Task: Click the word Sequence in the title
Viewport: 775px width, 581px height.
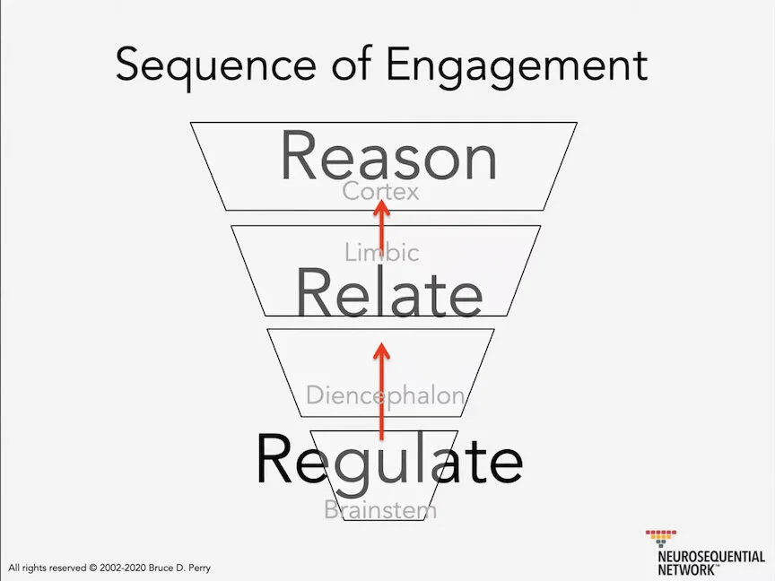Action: pyautogui.click(x=216, y=65)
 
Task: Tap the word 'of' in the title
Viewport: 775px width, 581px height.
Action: pyautogui.click(x=345, y=65)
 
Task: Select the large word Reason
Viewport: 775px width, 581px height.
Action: pyautogui.click(x=388, y=158)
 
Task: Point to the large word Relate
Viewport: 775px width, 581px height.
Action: pyautogui.click(x=389, y=293)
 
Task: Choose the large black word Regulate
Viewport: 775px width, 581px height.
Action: pyautogui.click(x=389, y=460)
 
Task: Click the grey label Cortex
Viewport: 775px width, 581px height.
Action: pyautogui.click(x=380, y=191)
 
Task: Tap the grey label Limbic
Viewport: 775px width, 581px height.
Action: pyautogui.click(x=381, y=253)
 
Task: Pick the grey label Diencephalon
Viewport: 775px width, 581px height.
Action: pyautogui.click(x=386, y=395)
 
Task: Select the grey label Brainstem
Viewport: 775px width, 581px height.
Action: pyautogui.click(x=380, y=510)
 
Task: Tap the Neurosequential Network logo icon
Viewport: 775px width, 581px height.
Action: pyautogui.click(x=662, y=540)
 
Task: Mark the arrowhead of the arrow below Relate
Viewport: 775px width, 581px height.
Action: pyautogui.click(x=382, y=351)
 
